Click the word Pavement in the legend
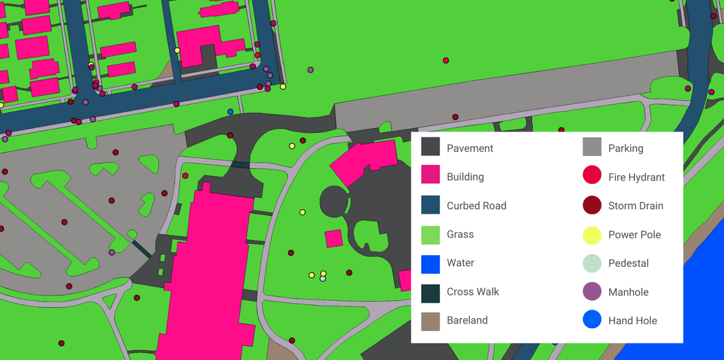(470, 148)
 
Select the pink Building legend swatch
(430, 175)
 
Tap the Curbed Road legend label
(476, 206)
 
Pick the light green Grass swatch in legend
(430, 235)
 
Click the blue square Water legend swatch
(430, 264)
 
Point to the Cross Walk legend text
(472, 292)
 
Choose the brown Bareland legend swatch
(430, 321)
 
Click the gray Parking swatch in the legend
(592, 147)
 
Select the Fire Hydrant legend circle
(592, 175)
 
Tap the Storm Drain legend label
(635, 206)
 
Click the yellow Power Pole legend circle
(592, 235)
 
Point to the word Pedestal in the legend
(628, 263)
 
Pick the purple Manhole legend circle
(592, 292)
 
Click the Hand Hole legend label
(632, 321)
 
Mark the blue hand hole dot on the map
(230, 112)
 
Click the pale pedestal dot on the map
(323, 279)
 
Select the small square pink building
(333, 238)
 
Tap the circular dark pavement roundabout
(334, 201)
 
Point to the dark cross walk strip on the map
(141, 248)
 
